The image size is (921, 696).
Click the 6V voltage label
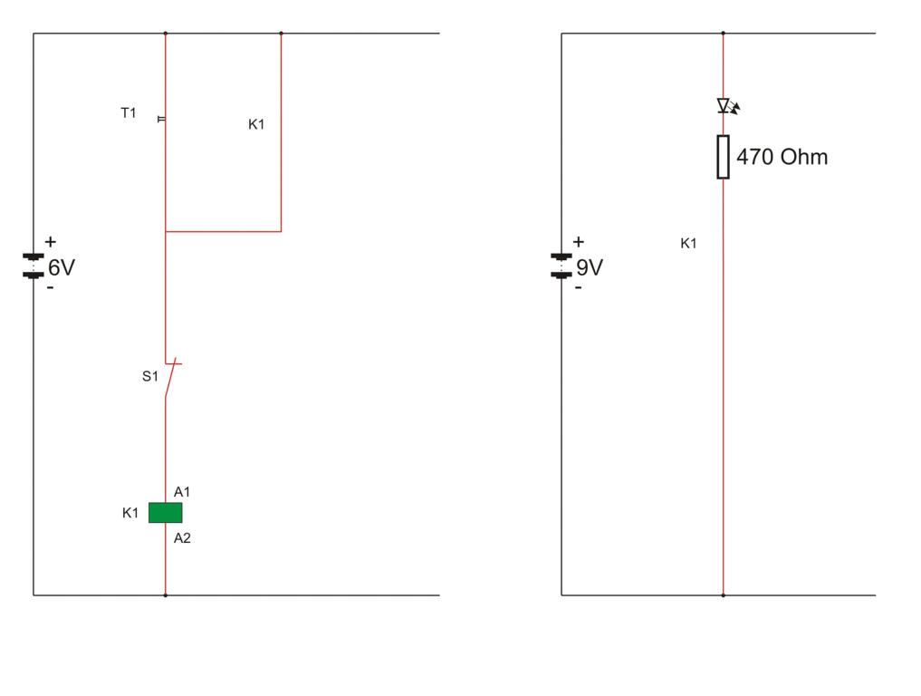click(x=62, y=267)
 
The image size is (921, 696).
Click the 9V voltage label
click(x=590, y=267)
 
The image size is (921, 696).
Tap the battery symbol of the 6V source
click(x=34, y=265)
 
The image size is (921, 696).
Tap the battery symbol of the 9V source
click(x=561, y=265)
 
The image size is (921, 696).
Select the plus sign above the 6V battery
click(x=50, y=242)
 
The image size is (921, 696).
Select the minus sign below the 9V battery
click(x=578, y=287)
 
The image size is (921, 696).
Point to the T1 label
click(x=129, y=113)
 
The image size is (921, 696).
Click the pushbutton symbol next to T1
click(x=162, y=119)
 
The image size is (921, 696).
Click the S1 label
click(x=149, y=376)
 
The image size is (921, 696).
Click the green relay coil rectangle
click(x=165, y=513)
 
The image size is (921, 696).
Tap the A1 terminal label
click(x=182, y=492)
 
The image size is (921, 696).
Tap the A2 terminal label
click(x=182, y=538)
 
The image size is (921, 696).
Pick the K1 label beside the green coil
click(x=130, y=513)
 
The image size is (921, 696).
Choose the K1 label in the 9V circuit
click(x=688, y=243)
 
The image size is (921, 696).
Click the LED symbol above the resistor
click(x=725, y=106)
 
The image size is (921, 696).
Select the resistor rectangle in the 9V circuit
click(x=723, y=157)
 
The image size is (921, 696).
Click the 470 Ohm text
click(x=782, y=157)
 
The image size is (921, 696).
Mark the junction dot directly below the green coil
click(x=165, y=595)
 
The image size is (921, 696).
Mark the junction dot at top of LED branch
click(x=723, y=34)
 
